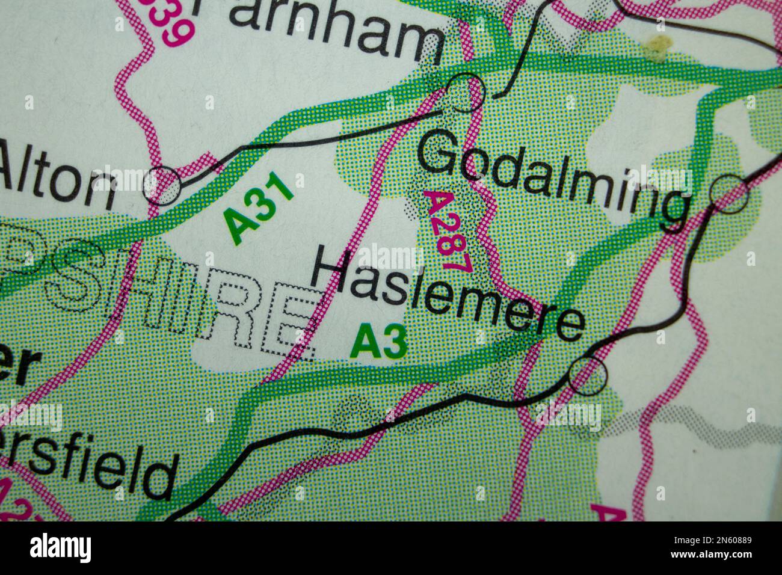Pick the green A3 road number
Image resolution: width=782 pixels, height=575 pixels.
coord(380,342)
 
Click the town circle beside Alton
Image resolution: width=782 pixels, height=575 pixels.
coord(162,184)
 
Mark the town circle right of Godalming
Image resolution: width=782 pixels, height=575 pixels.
coord(729,194)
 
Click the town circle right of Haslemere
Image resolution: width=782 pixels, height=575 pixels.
coord(588,375)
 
